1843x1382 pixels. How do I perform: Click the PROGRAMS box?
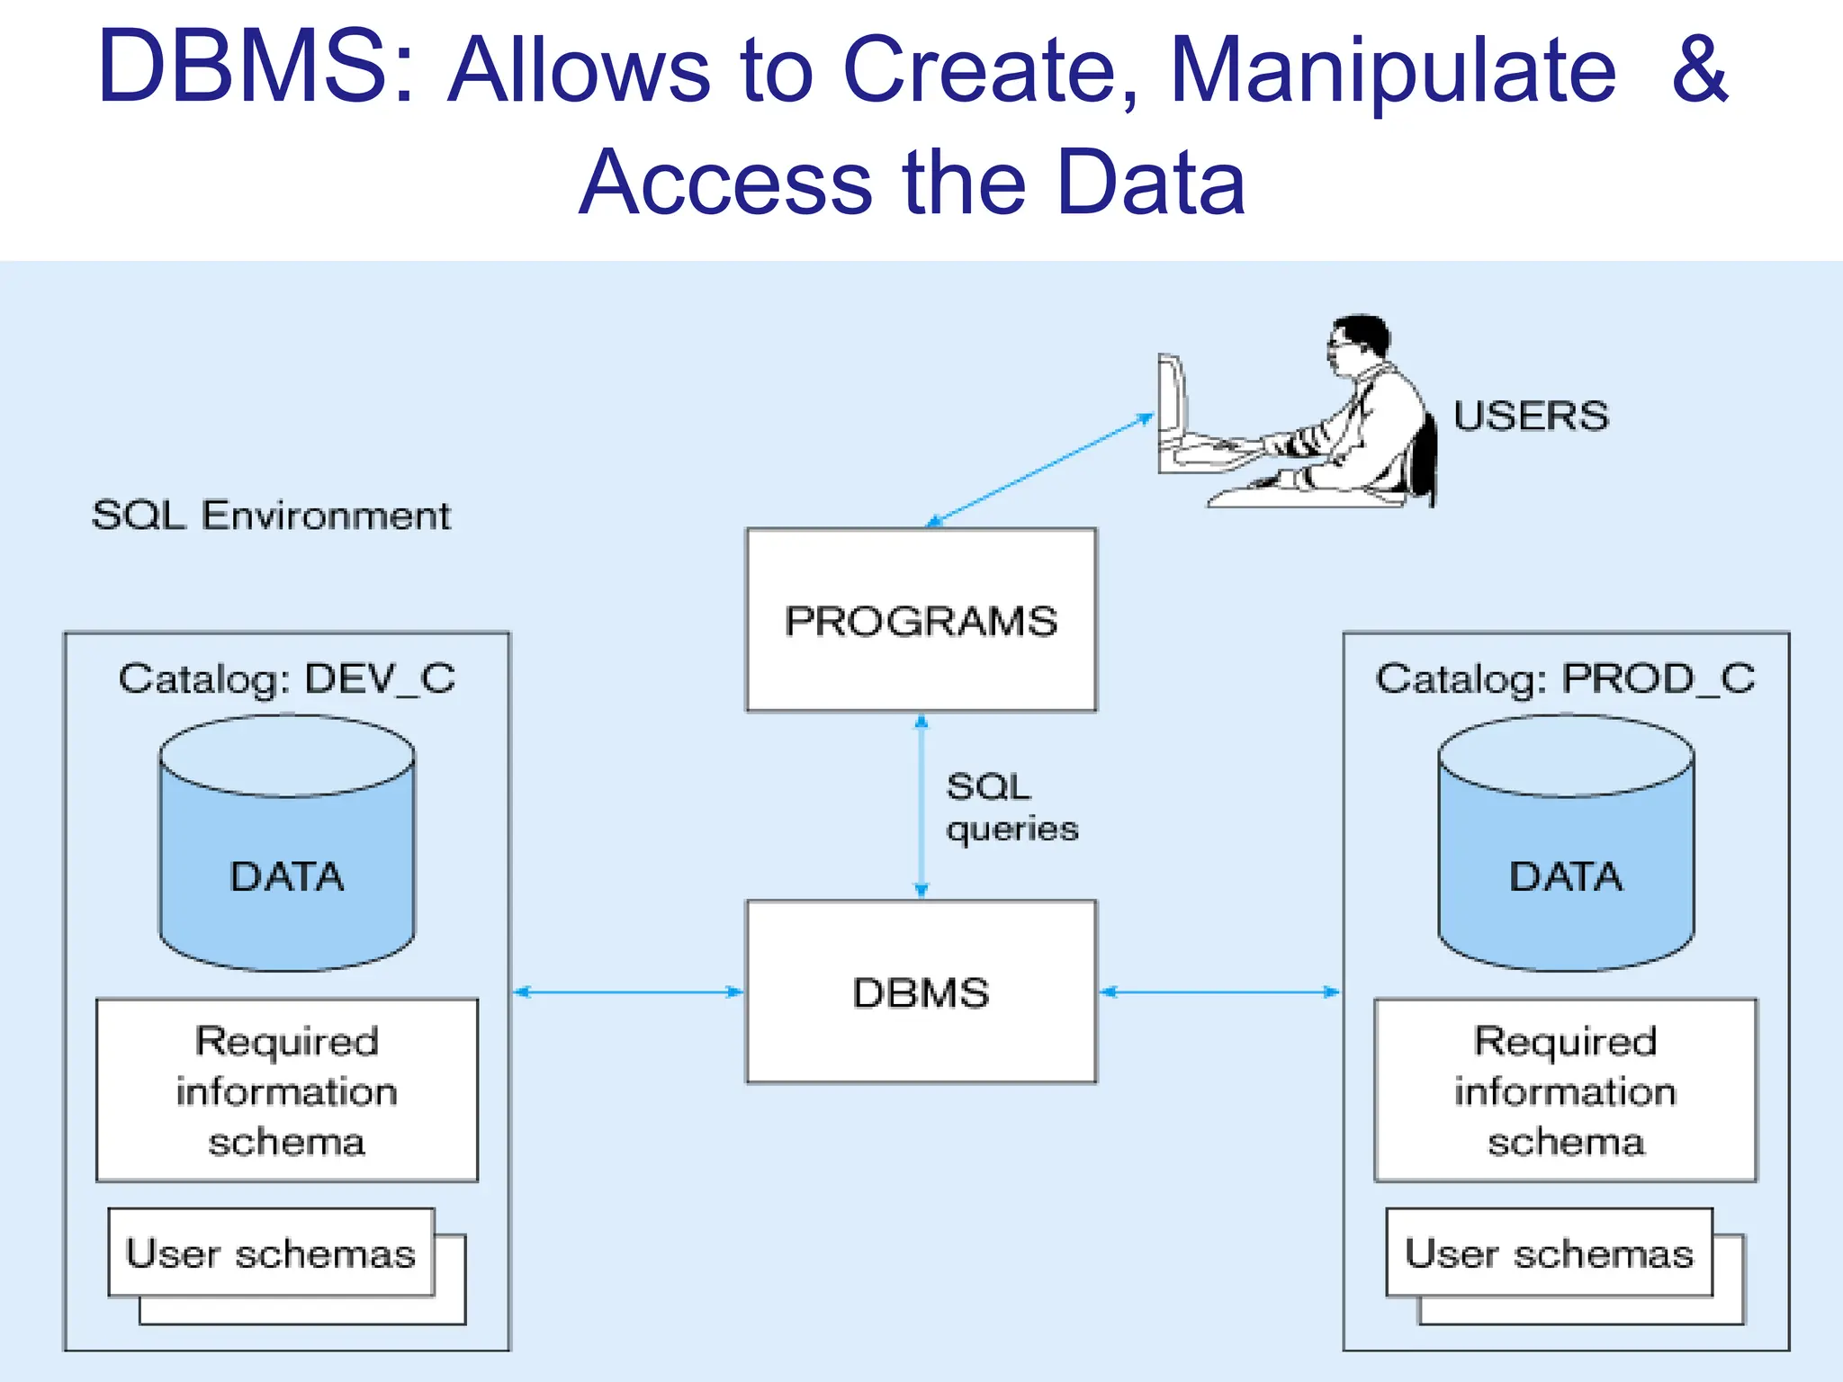point(921,620)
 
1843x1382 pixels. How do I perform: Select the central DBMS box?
point(921,992)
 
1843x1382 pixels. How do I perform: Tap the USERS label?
point(1530,416)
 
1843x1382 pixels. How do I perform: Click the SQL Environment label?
point(271,516)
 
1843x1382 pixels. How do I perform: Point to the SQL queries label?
point(1010,807)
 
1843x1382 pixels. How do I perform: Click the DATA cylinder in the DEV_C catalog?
point(287,864)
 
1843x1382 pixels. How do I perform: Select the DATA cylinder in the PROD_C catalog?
point(1566,864)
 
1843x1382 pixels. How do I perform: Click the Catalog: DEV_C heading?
point(287,678)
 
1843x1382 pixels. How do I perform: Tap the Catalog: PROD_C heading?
point(1565,678)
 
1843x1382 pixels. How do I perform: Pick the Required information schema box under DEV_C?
point(287,1090)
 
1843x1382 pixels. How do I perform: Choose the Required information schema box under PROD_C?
point(1565,1090)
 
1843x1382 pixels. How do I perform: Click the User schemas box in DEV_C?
point(271,1252)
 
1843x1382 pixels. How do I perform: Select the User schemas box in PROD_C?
point(1549,1252)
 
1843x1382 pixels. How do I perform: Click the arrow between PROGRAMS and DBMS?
point(921,806)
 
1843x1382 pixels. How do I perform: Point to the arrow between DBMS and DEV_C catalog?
point(628,992)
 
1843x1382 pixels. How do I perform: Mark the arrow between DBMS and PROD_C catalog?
point(1220,992)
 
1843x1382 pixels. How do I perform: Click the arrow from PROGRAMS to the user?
point(1040,470)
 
